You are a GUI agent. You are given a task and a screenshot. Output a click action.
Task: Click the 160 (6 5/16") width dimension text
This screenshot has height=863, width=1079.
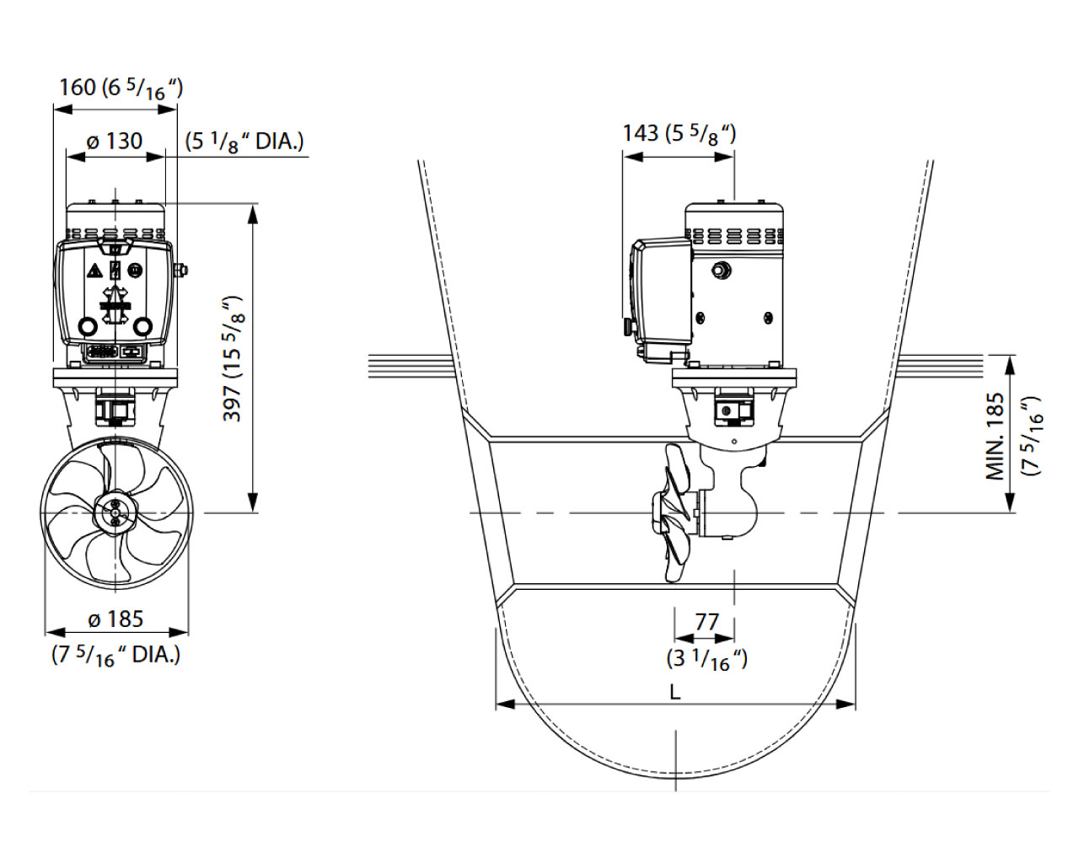tap(121, 89)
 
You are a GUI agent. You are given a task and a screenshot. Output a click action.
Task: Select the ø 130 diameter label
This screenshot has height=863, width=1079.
tap(115, 141)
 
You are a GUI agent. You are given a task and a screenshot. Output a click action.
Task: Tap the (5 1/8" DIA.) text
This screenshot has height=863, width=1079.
tap(244, 142)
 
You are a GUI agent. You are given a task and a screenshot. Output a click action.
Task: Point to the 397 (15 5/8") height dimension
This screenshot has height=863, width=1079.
tap(232, 358)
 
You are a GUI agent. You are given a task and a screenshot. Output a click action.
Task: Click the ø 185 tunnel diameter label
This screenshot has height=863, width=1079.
tap(115, 619)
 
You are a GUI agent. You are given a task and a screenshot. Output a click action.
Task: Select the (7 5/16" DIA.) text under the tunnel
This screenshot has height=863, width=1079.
tap(115, 657)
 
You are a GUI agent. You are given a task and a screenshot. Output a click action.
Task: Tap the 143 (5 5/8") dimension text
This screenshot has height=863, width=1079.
tap(679, 134)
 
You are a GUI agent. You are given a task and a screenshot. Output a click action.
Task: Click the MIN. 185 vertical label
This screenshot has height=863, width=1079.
tap(996, 437)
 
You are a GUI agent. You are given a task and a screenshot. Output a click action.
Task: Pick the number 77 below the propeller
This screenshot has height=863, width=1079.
tap(707, 622)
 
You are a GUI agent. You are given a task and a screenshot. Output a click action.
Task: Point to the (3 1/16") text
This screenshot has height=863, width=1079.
tap(707, 659)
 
